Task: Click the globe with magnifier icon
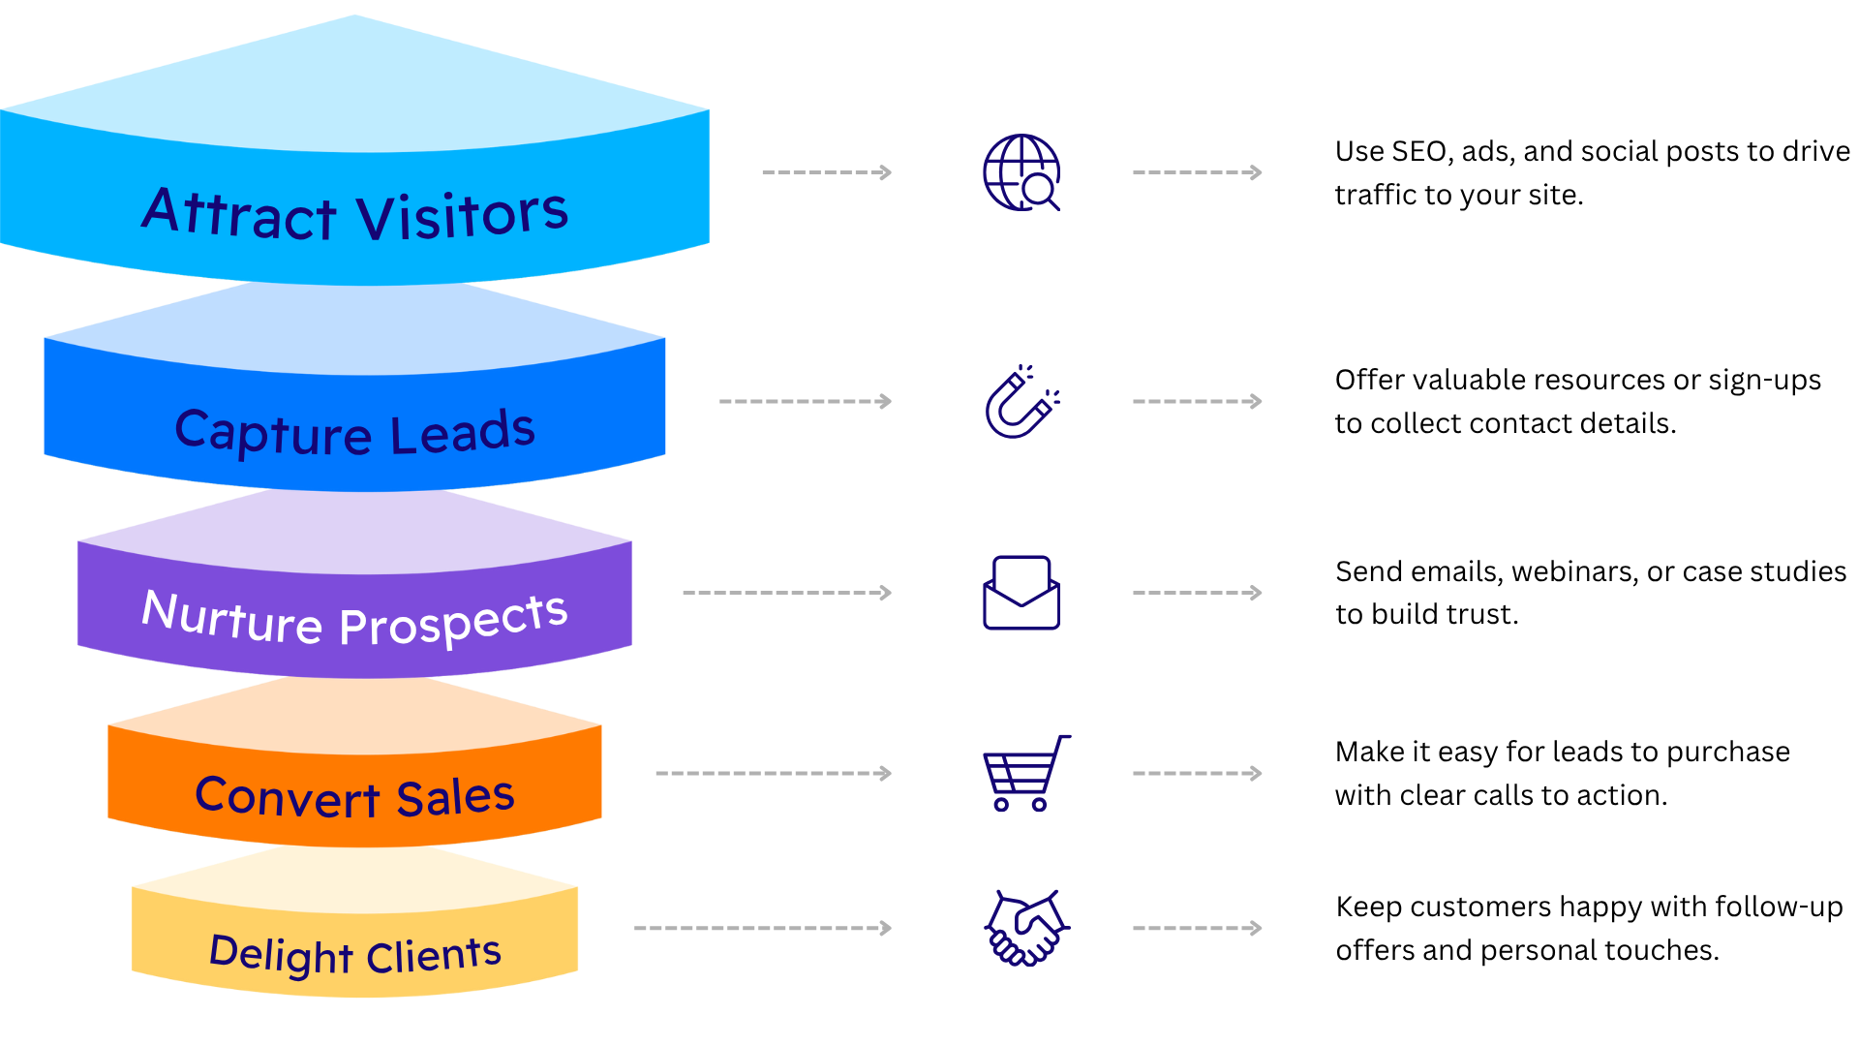[1021, 172]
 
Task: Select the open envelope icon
[1021, 593]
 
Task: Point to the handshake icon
[1026, 928]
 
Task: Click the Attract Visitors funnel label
[355, 213]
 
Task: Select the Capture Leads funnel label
[354, 432]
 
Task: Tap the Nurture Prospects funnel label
[354, 618]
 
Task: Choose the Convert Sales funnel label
[354, 796]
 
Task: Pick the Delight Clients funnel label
[355, 954]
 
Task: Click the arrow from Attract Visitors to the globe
[827, 172]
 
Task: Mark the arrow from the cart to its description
[1198, 773]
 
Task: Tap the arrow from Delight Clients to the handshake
[763, 928]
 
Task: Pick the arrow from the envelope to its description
[1198, 593]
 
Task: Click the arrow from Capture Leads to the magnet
[806, 401]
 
